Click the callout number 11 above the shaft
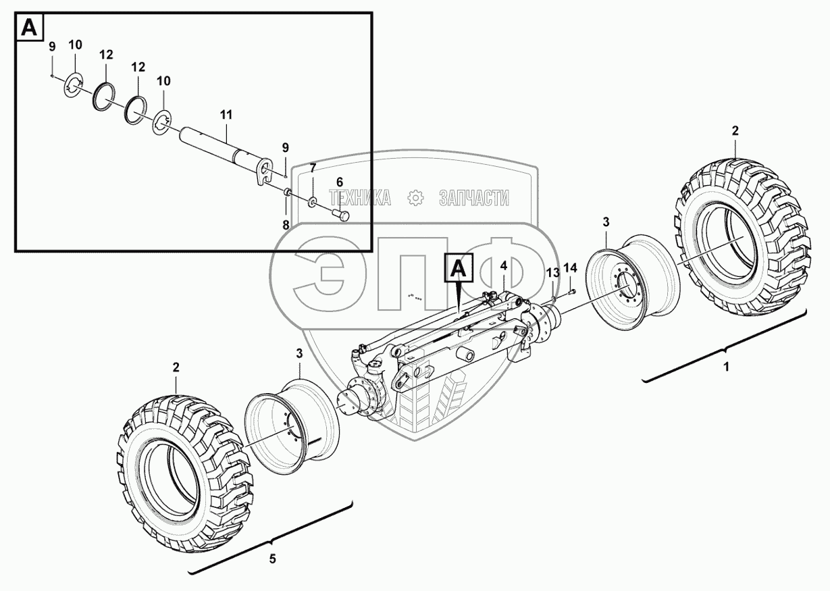point(226,115)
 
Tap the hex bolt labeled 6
point(341,215)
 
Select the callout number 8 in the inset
point(286,226)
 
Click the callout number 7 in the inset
point(313,168)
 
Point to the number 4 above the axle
point(504,265)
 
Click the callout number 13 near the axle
point(553,273)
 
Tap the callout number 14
point(571,267)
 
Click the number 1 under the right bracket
point(727,367)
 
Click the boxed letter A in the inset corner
point(30,28)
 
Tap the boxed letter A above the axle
point(459,268)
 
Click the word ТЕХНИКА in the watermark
point(360,197)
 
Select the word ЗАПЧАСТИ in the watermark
point(474,198)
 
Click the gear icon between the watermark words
point(415,197)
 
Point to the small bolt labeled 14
point(571,292)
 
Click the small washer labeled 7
point(313,203)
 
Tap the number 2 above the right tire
point(735,130)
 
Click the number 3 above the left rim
point(299,353)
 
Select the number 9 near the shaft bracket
point(285,148)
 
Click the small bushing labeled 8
point(287,192)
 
